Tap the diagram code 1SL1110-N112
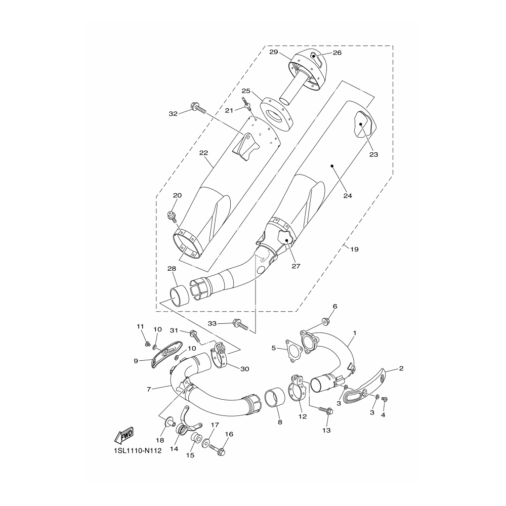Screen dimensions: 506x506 coord(138,450)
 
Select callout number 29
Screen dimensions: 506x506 coord(274,52)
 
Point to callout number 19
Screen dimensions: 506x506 coord(354,249)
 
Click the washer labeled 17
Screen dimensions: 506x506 coord(205,443)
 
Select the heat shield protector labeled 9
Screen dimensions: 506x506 coord(167,354)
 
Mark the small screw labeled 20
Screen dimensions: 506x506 coord(171,216)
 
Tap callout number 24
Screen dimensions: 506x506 coord(348,195)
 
